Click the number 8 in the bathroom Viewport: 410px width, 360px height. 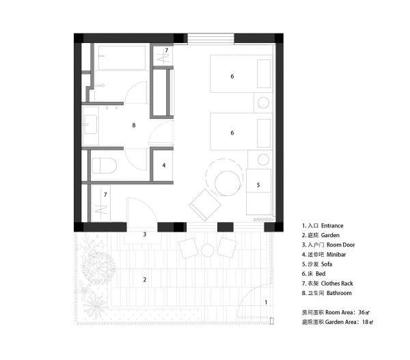134,125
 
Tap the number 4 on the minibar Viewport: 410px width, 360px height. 164,165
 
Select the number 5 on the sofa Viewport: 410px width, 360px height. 258,184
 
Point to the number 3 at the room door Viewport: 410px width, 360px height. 144,234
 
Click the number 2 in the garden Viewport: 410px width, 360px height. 144,279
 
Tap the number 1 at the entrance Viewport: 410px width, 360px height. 266,301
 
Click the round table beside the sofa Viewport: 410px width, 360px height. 228,182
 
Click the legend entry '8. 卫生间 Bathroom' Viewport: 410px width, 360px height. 327,293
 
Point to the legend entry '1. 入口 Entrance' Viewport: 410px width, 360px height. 324,225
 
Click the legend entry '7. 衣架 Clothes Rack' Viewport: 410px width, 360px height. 331,283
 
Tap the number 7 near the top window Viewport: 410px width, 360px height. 166,51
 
